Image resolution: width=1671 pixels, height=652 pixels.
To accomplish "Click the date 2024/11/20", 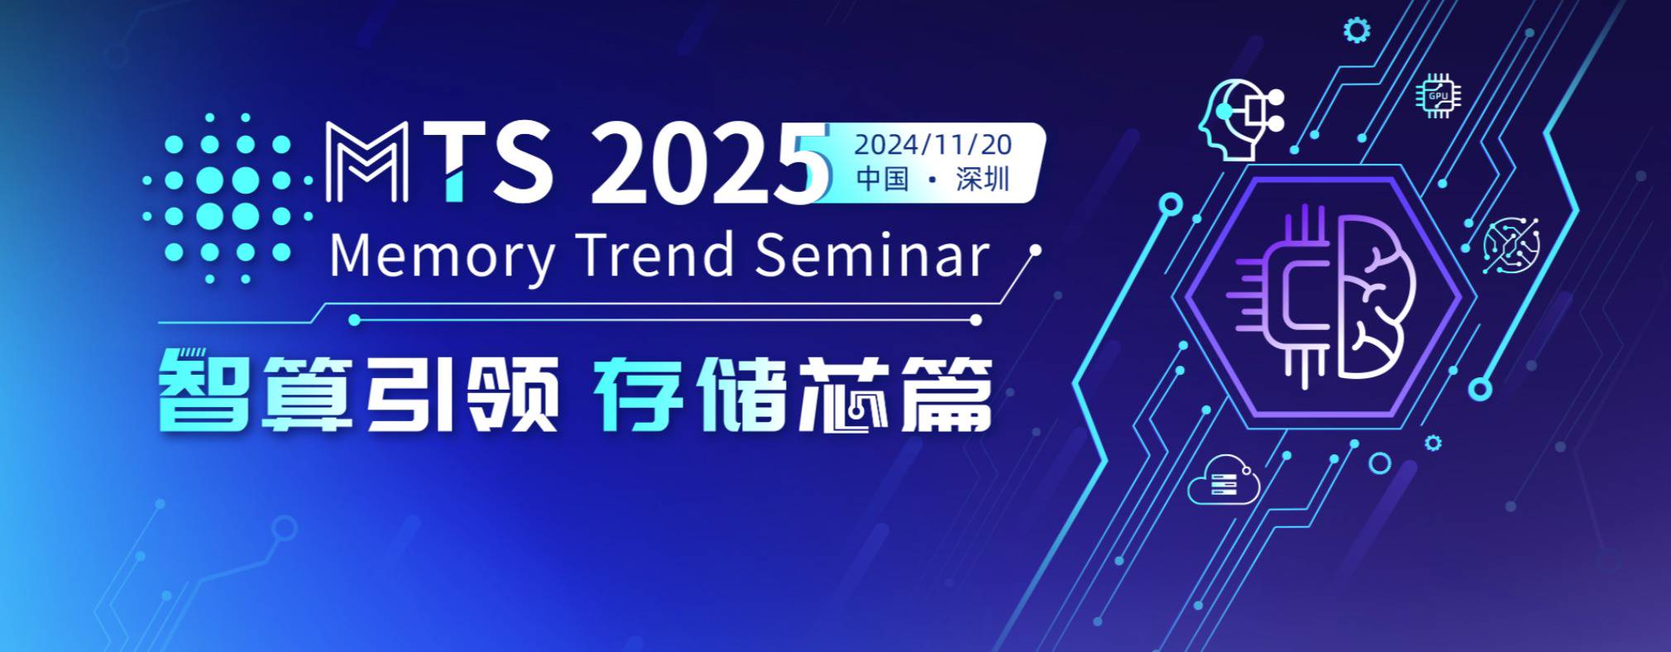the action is pyautogui.click(x=932, y=145).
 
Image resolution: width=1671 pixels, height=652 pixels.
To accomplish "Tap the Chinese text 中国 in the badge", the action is pyautogui.click(x=883, y=179).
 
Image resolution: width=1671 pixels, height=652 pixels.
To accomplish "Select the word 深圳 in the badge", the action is pyautogui.click(x=983, y=179).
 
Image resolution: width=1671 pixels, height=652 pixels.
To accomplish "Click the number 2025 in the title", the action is pyautogui.click(x=710, y=163).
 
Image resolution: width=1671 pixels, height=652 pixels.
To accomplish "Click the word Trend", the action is pyautogui.click(x=654, y=254).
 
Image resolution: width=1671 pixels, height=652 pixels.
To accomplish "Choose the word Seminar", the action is pyautogui.click(x=872, y=254).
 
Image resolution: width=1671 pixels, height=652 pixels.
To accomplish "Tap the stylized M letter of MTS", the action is pyautogui.click(x=366, y=162).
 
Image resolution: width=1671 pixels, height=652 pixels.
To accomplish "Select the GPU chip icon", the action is pyautogui.click(x=1438, y=96).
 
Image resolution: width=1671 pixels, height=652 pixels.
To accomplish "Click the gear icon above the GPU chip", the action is pyautogui.click(x=1356, y=31).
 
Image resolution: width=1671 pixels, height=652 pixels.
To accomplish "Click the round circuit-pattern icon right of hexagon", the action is pyautogui.click(x=1511, y=245).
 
